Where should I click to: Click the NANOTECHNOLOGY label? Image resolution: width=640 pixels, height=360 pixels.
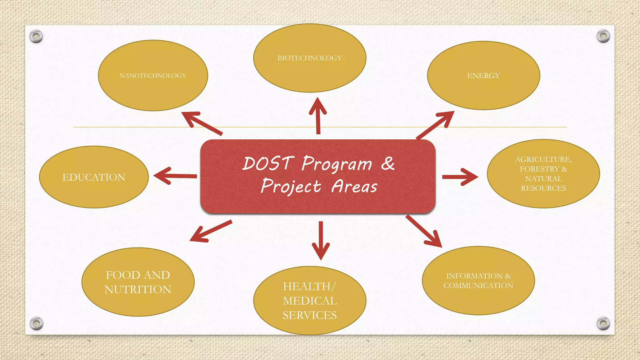click(x=153, y=76)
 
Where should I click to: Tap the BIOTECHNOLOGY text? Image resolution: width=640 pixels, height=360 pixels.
click(x=310, y=58)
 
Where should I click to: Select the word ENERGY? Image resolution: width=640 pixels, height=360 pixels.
click(x=483, y=76)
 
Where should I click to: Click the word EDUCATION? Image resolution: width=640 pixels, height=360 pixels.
click(x=94, y=177)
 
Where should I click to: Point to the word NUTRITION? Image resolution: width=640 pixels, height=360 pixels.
click(x=138, y=289)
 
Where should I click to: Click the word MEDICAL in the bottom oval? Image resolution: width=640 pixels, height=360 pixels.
click(x=310, y=301)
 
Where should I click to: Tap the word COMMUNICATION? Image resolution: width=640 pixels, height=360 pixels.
click(x=478, y=285)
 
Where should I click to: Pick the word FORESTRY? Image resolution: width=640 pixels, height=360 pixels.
click(x=539, y=169)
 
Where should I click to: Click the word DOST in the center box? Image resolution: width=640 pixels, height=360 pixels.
click(x=268, y=163)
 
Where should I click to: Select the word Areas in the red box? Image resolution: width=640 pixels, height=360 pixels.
click(x=354, y=187)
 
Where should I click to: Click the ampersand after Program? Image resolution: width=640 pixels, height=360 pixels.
click(x=388, y=163)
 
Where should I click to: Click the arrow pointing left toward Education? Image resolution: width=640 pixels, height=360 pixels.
click(x=175, y=176)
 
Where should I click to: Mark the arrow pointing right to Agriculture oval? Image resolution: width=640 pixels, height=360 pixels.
click(x=460, y=177)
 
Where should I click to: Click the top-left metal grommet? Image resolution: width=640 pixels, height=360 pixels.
click(x=36, y=37)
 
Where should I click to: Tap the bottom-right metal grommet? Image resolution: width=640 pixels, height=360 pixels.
click(x=603, y=323)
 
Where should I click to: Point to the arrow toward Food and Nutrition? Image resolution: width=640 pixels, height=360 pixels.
click(x=211, y=231)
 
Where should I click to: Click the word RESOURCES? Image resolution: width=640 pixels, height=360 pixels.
click(x=543, y=188)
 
